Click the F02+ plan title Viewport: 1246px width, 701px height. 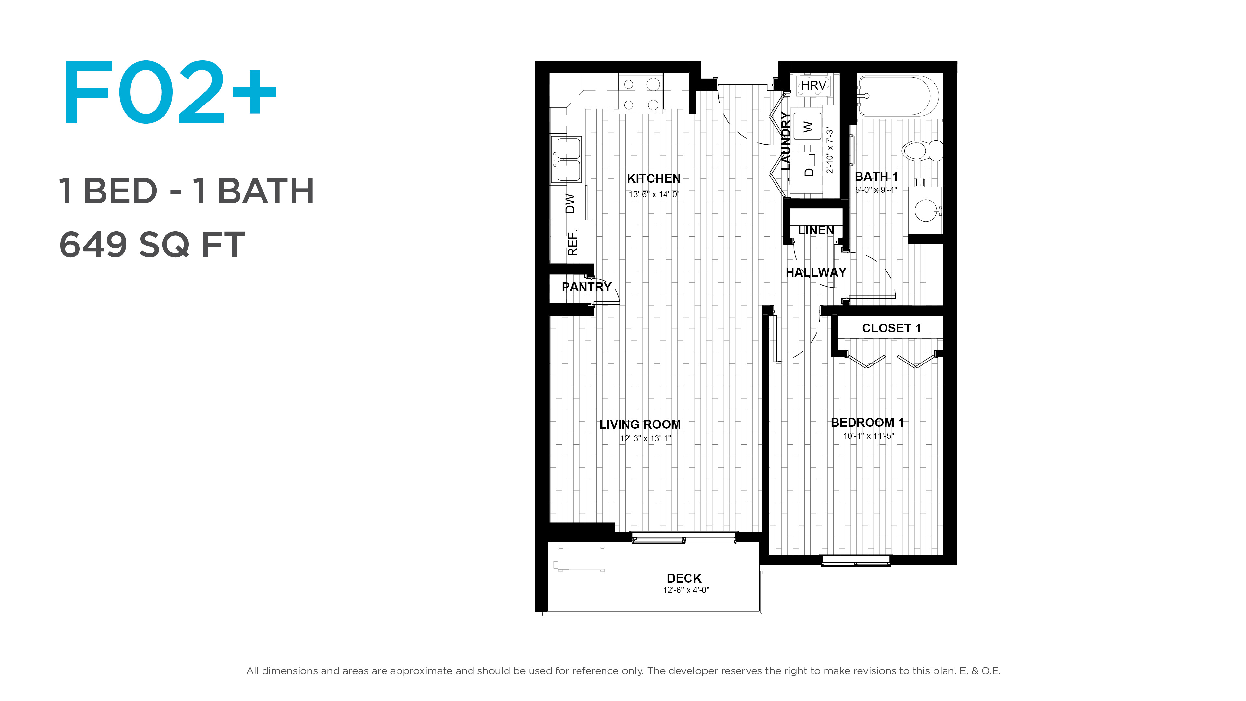tap(170, 92)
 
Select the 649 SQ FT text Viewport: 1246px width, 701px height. tap(152, 244)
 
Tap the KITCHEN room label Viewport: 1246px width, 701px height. tap(654, 178)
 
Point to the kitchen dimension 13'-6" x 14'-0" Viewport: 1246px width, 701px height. tap(654, 194)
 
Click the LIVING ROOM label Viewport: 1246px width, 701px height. tap(640, 424)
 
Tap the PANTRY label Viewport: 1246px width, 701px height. tap(586, 287)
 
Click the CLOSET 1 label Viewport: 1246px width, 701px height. tap(891, 328)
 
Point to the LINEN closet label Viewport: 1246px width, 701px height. tap(816, 230)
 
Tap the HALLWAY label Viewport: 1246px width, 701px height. tap(816, 272)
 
